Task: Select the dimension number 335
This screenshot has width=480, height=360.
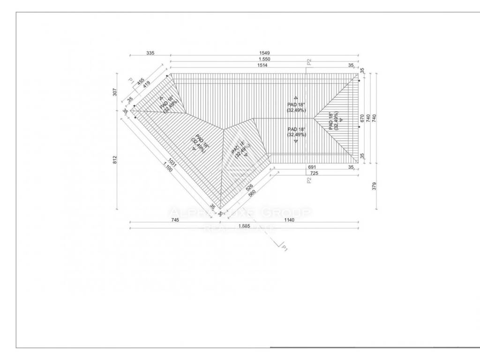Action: click(150, 53)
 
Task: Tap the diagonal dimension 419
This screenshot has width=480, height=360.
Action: click(146, 85)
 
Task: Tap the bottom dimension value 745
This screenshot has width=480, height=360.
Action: click(175, 219)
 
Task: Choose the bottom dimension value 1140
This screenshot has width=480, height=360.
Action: click(289, 219)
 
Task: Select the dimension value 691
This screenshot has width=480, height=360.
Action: click(312, 167)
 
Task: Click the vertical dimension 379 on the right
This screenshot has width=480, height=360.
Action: click(374, 187)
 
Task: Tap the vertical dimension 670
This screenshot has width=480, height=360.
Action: click(362, 118)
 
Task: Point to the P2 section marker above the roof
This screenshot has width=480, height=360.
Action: click(309, 61)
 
